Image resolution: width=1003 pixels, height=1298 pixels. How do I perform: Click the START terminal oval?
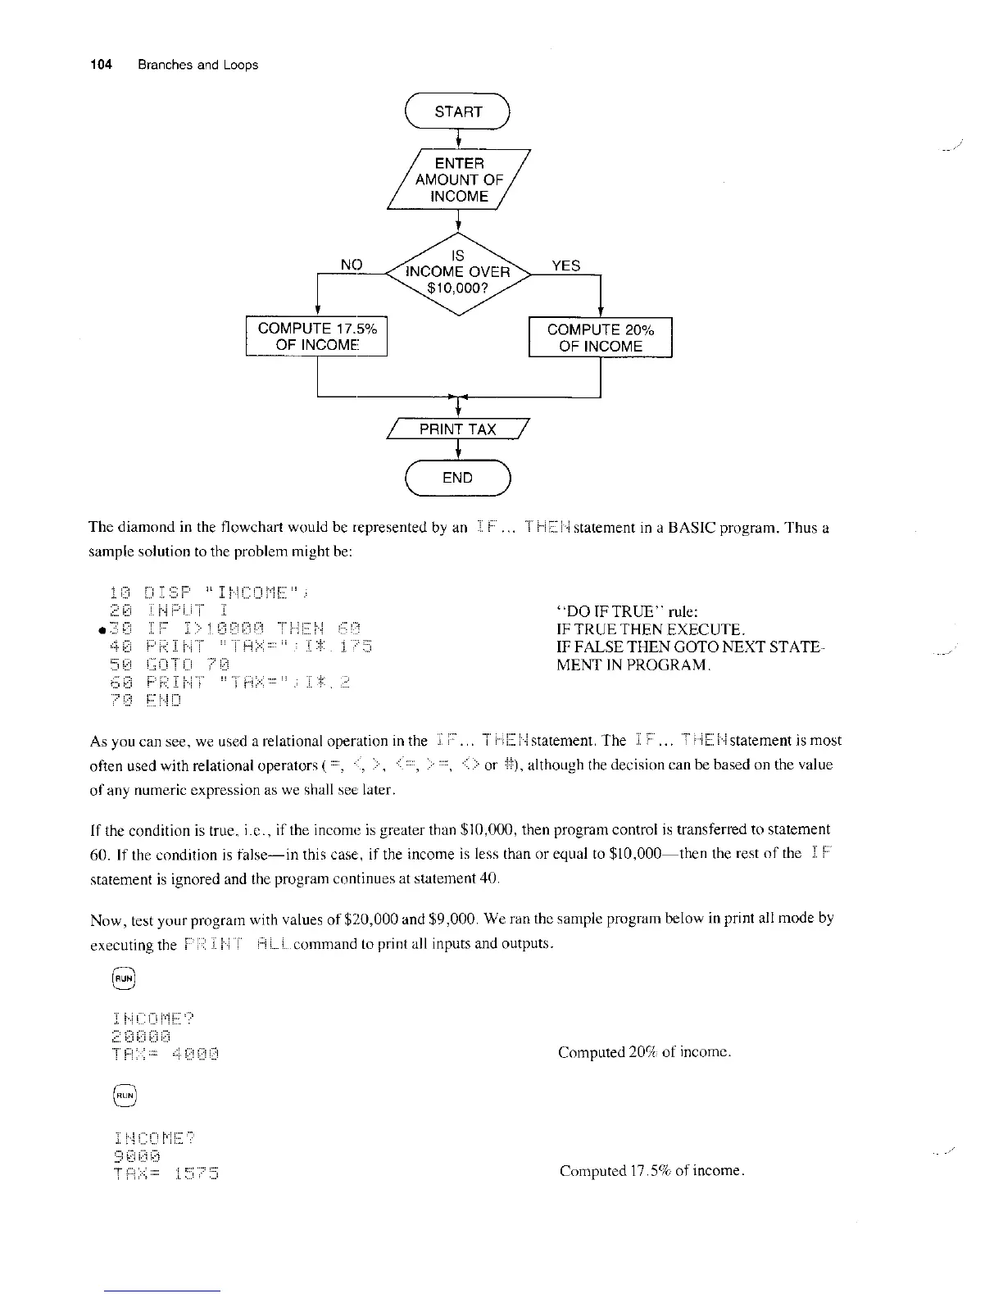point(457,112)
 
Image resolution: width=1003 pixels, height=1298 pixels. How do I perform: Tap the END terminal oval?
point(457,478)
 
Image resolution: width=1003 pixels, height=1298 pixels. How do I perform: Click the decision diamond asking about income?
point(459,272)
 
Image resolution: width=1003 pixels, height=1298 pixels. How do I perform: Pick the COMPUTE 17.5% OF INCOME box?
point(317,337)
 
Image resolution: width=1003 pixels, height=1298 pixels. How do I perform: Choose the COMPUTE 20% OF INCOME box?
point(600,338)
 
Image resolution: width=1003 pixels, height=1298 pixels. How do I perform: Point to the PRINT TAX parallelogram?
point(457,429)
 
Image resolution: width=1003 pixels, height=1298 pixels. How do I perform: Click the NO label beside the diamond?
point(352,264)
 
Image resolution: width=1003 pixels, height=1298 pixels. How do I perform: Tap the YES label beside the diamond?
point(565,265)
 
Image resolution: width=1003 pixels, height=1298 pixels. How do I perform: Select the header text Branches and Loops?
point(197,65)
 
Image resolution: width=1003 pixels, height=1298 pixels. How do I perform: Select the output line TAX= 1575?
point(164,1173)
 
